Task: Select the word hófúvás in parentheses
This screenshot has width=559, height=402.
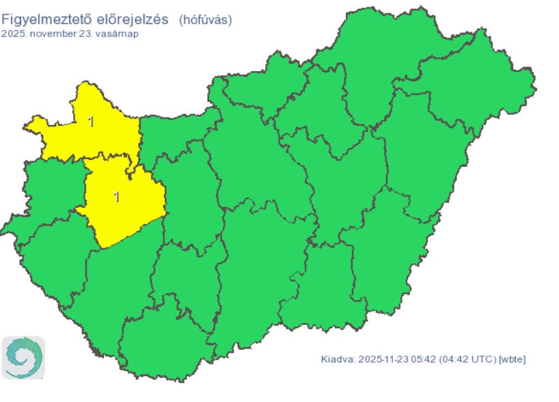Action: (206, 20)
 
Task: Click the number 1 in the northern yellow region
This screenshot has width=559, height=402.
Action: (92, 122)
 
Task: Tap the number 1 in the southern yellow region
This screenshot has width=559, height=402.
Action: (116, 197)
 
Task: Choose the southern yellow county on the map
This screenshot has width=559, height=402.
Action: (126, 205)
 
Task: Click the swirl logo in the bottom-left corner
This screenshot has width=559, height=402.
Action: (23, 357)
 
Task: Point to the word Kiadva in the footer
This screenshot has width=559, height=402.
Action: (337, 359)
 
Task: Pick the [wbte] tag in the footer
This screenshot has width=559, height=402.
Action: (513, 359)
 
